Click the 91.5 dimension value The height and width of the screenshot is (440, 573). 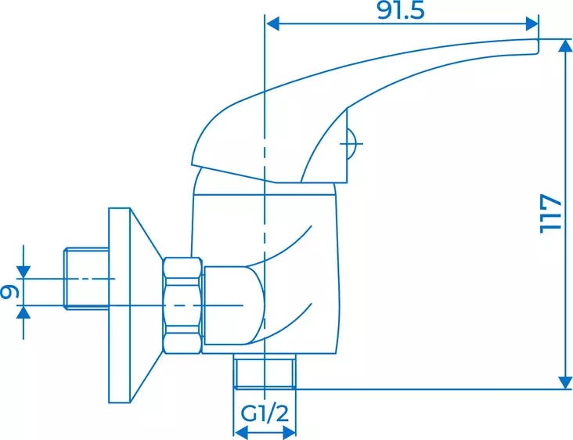click(401, 11)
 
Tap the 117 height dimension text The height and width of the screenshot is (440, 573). click(550, 214)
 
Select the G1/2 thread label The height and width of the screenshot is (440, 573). click(265, 413)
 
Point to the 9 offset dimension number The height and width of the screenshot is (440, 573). click(9, 291)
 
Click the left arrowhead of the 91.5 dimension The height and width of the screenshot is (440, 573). click(272, 23)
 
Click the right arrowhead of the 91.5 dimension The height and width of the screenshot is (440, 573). click(532, 23)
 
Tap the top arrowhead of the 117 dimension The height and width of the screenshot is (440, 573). click(566, 45)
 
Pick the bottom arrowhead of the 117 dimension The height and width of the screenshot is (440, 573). click(566, 382)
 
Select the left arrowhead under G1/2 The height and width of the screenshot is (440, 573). click(240, 433)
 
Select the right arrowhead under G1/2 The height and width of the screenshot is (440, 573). click(289, 433)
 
